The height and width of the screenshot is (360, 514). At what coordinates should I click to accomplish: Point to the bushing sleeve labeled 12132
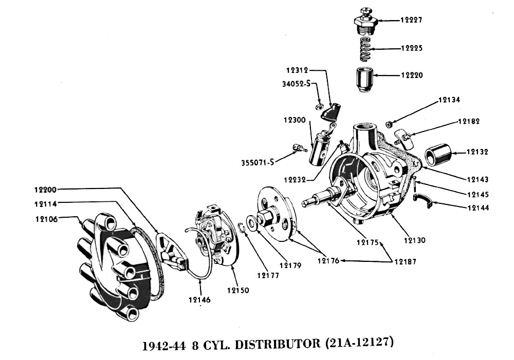click(438, 153)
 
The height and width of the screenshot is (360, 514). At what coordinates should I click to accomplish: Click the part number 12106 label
click(47, 219)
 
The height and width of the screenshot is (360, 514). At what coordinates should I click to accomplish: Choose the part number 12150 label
click(237, 290)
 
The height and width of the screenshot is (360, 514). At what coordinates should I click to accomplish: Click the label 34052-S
click(297, 84)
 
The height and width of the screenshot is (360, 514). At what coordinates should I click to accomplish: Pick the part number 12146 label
click(198, 300)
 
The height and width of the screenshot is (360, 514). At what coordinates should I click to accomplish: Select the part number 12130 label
click(414, 240)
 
